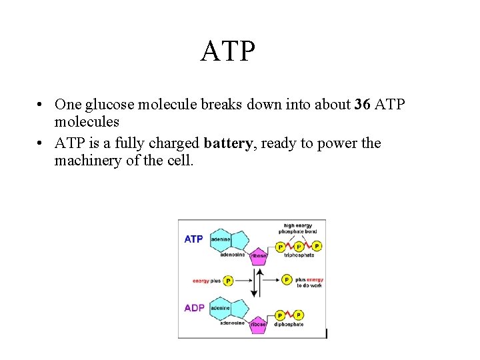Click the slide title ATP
coord(227,51)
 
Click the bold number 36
coord(363,105)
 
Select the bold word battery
coord(229,143)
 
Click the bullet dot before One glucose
coord(41,105)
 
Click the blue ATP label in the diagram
coord(193,239)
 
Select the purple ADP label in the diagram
coord(194,308)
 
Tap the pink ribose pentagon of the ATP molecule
coord(258,255)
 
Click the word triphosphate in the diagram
coord(299,255)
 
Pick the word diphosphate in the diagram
coord(289,324)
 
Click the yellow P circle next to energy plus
coord(228,281)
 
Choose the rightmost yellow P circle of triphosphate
coord(317,246)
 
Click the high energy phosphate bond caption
coord(298,229)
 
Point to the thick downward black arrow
coord(254,283)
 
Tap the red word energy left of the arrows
coord(201,281)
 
